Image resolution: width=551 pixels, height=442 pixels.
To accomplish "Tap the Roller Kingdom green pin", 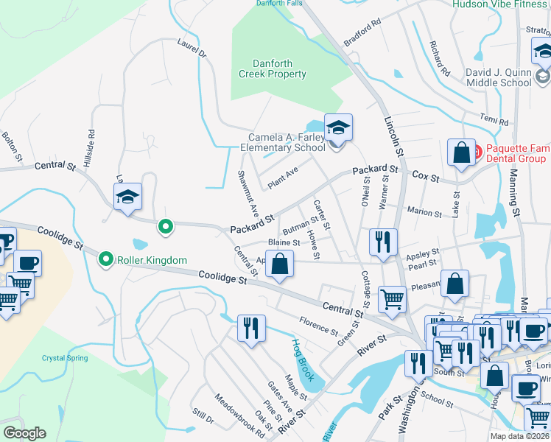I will point(107,259).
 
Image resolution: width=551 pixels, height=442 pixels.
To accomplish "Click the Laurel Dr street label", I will point(192,49).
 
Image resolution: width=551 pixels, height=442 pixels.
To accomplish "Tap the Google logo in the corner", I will point(24,433).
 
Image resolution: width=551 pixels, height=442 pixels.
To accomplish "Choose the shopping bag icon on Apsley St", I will point(281,264).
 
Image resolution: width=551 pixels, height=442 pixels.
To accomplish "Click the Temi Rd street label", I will point(494,121).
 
